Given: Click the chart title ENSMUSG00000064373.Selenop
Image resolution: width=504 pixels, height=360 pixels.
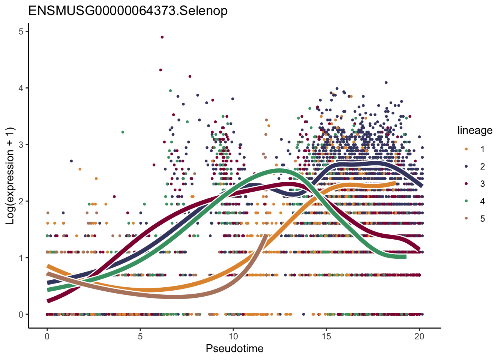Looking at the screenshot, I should click(128, 11).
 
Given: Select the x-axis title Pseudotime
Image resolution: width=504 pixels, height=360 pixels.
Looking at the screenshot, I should click(234, 348).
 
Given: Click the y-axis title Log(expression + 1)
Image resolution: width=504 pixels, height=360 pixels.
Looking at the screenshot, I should click(10, 176).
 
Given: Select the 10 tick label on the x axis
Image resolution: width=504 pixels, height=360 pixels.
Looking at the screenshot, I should click(233, 336).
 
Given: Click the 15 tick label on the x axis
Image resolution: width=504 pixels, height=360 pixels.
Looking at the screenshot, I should click(326, 336).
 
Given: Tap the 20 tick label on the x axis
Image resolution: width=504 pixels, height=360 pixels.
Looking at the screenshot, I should click(419, 336).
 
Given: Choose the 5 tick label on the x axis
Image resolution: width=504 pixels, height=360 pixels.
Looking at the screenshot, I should click(140, 336).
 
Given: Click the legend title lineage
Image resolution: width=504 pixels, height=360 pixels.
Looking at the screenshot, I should click(475, 130).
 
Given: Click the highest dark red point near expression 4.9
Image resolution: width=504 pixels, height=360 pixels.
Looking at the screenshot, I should click(162, 37).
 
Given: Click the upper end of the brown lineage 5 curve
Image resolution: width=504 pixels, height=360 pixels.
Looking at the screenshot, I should click(265, 235).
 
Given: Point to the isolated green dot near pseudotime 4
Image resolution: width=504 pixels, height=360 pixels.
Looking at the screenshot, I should click(123, 132).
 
